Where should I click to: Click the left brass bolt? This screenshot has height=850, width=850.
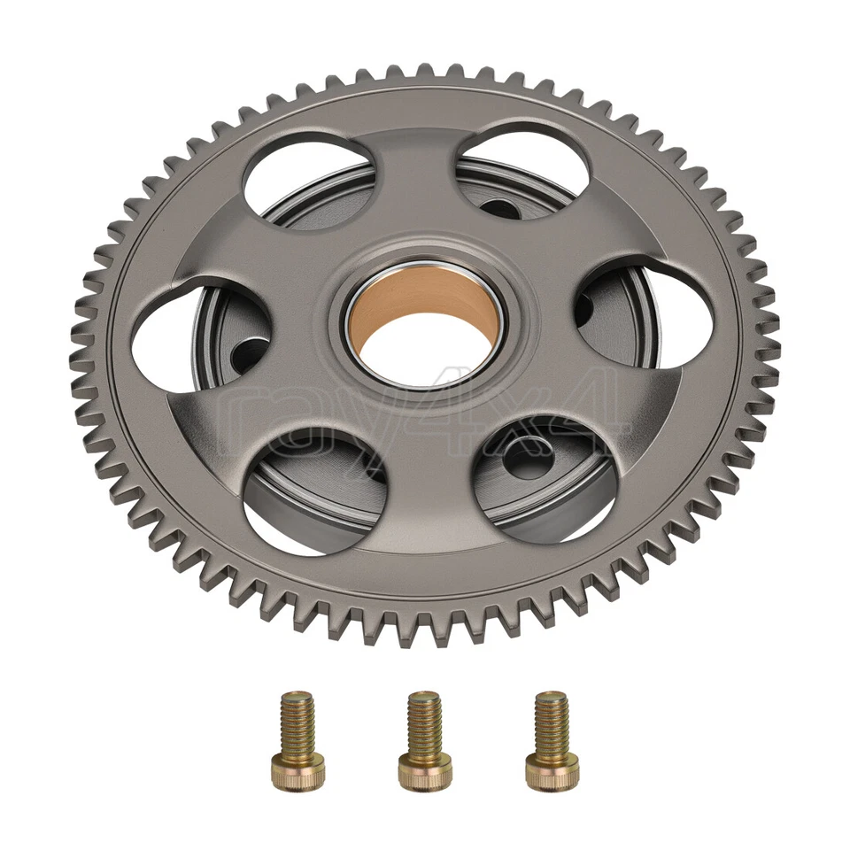click(x=297, y=739)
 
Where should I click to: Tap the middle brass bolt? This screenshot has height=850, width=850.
click(x=424, y=740)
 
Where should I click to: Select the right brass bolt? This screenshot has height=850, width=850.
click(x=551, y=740)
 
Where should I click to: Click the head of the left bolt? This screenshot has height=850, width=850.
click(x=297, y=772)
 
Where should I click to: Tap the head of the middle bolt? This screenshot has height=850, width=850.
click(x=424, y=773)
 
